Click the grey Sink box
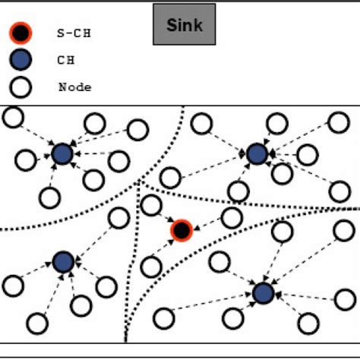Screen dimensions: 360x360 183,24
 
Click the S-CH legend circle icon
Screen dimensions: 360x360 21,33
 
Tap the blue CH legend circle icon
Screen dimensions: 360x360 21,60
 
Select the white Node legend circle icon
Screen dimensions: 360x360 21,87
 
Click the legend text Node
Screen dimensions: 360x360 74,87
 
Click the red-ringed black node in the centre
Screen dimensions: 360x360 181,229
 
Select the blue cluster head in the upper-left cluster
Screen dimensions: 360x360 62,154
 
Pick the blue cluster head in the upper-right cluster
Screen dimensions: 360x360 257,153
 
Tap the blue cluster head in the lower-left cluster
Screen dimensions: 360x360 63,262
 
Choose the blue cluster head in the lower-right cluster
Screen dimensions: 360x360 263,292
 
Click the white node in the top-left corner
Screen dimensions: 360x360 13,117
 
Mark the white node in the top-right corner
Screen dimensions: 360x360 339,122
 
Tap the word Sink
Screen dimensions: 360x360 183,24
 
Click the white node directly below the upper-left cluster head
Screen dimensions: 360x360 50,197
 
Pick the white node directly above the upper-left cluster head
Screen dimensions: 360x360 94,123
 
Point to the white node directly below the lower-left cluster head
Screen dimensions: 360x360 81,305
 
